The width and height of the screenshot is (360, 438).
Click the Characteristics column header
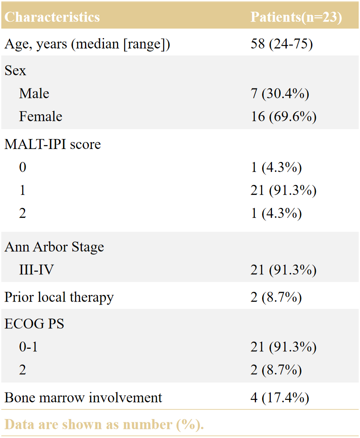52,17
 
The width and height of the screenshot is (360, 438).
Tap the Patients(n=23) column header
296,17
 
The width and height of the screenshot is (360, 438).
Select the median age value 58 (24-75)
282,44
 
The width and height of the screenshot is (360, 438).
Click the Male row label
34,93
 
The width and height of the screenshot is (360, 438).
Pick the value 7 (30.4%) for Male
280,94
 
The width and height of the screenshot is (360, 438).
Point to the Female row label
40,117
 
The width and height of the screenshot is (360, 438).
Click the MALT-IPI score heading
52,144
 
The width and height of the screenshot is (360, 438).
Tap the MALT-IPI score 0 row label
23,167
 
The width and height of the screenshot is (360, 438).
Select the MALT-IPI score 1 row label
23,190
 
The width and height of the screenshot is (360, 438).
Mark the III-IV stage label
36,270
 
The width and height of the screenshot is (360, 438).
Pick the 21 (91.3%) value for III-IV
283,270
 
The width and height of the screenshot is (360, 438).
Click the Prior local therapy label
59,297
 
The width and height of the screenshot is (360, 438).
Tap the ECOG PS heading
34,324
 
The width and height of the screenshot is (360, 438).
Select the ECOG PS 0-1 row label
28,347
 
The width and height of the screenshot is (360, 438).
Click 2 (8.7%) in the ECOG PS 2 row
276,370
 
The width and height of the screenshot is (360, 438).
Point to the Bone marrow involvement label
83,398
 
